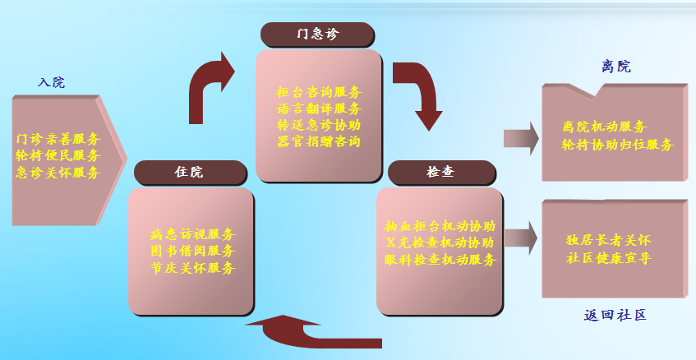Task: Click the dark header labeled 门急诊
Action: [317, 35]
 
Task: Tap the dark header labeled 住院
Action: [189, 173]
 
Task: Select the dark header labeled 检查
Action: [441, 173]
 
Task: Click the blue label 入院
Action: [51, 83]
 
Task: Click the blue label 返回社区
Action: [615, 316]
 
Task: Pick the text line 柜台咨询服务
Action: [319, 92]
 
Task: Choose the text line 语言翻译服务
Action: [319, 108]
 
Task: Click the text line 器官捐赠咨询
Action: [319, 141]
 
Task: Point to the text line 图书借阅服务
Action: [192, 251]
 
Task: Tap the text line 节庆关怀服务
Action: [192, 268]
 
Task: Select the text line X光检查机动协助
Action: [440, 242]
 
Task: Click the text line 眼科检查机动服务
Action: [440, 260]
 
